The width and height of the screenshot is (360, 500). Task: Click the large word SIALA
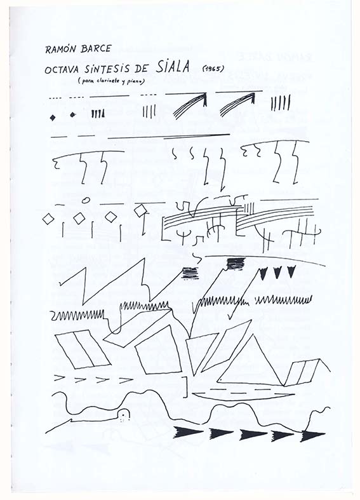pos(173,66)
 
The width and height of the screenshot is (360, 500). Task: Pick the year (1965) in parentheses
pos(213,68)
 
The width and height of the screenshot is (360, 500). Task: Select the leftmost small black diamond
pos(53,118)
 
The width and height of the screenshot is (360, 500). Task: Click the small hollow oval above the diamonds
pos(85,200)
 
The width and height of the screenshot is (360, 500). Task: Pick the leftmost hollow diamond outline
pos(48,219)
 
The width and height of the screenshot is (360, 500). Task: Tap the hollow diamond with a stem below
pos(140,211)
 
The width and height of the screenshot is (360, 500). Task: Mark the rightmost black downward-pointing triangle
pos(291,271)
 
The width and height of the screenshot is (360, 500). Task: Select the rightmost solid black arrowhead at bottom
pos(312,436)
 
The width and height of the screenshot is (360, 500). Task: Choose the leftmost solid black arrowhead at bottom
pos(188,432)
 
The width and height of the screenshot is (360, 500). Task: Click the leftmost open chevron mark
pos(60,377)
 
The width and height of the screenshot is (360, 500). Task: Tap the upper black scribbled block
pos(236,264)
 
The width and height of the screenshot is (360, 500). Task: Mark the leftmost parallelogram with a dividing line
pos(83,349)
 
